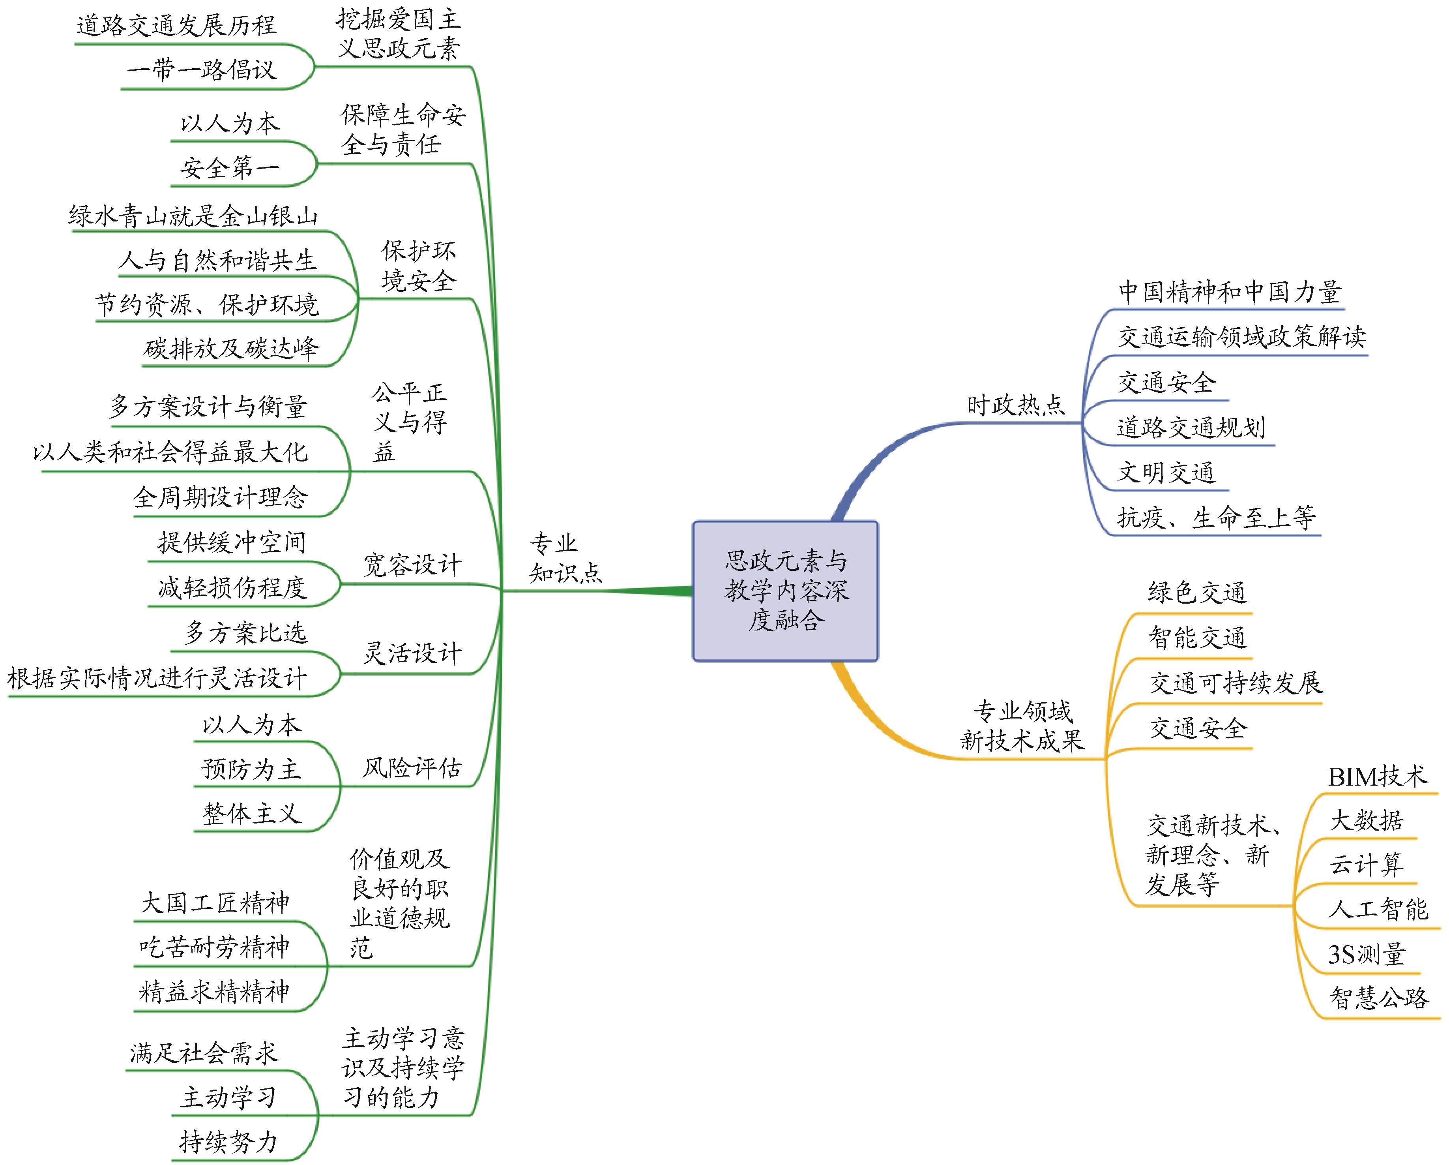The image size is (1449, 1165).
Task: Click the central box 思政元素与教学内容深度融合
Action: click(785, 590)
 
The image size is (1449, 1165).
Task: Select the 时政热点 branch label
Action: click(1015, 405)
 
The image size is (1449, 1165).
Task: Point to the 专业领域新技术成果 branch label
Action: click(1022, 726)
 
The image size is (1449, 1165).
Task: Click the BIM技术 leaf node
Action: click(1377, 777)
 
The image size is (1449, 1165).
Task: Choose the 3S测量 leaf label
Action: click(1367, 954)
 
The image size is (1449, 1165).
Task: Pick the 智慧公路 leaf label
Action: click(1379, 998)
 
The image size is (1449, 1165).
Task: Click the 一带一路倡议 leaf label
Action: click(202, 69)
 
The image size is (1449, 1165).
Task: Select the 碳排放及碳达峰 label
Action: click(232, 348)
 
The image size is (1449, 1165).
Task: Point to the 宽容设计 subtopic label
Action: click(412, 565)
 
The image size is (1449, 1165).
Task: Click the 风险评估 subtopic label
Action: click(412, 768)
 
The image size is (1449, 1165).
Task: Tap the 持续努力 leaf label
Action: click(228, 1141)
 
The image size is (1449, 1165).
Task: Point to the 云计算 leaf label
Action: click(1367, 865)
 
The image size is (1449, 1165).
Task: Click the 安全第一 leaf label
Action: click(230, 167)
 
